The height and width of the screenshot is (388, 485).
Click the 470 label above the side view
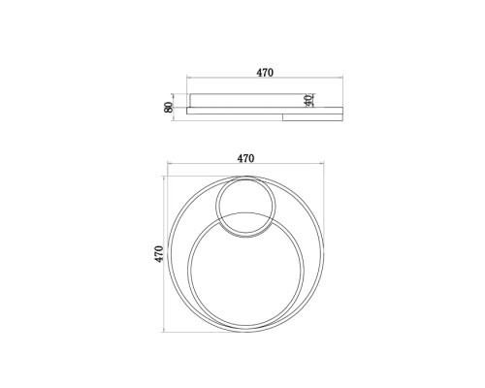tap(265, 73)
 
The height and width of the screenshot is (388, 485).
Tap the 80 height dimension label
tap(168, 107)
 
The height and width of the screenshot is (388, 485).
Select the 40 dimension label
tap(309, 100)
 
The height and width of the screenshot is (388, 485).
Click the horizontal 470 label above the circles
tap(245, 158)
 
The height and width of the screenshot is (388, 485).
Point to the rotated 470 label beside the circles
tap(159, 254)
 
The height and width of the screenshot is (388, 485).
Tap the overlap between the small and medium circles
tap(245, 224)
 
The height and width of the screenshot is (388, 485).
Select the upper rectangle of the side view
tap(248, 100)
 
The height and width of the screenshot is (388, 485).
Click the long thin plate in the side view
tap(265, 111)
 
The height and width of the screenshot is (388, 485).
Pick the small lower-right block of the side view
tap(312, 117)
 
